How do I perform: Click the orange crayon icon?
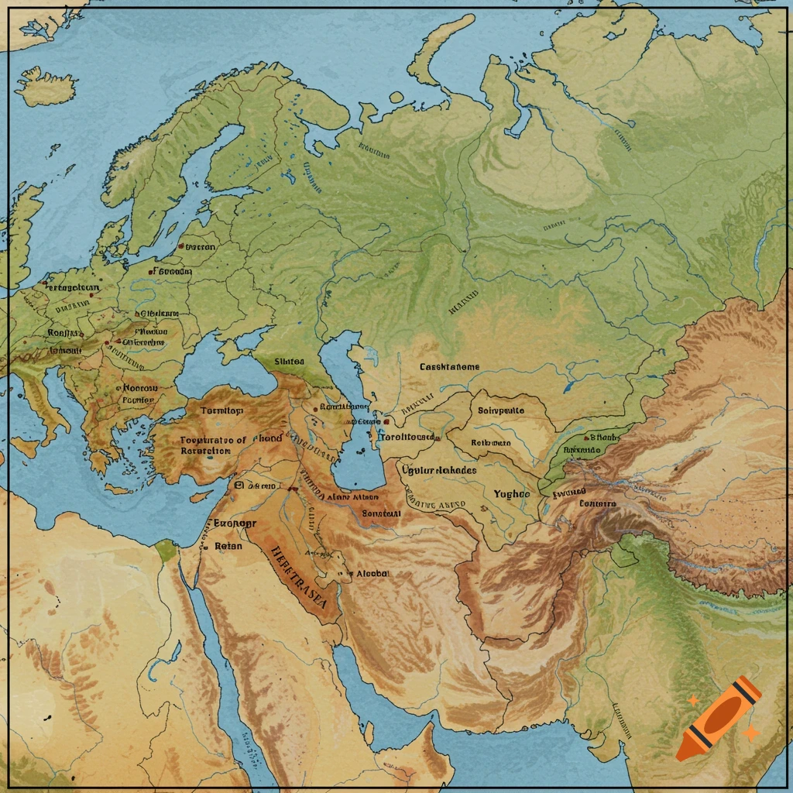pos(717,718)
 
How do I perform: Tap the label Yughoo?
pos(512,493)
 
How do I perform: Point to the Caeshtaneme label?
pos(449,366)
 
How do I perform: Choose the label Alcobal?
pos(372,573)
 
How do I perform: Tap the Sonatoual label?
pos(382,513)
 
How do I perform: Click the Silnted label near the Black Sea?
pos(290,362)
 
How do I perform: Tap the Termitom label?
pos(221,410)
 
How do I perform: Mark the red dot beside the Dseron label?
pos(180,246)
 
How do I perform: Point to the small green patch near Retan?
pos(165,551)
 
